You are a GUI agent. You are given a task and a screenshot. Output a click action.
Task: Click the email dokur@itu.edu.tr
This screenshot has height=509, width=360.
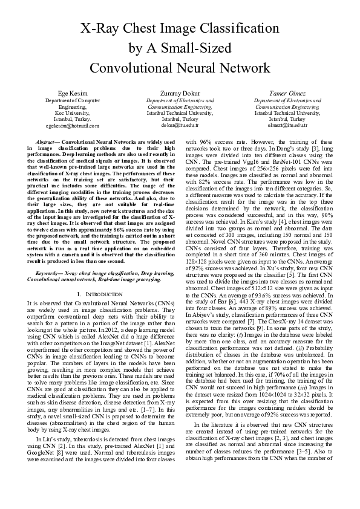click(180, 126)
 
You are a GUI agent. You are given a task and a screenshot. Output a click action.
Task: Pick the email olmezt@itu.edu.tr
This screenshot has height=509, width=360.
click(287, 126)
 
